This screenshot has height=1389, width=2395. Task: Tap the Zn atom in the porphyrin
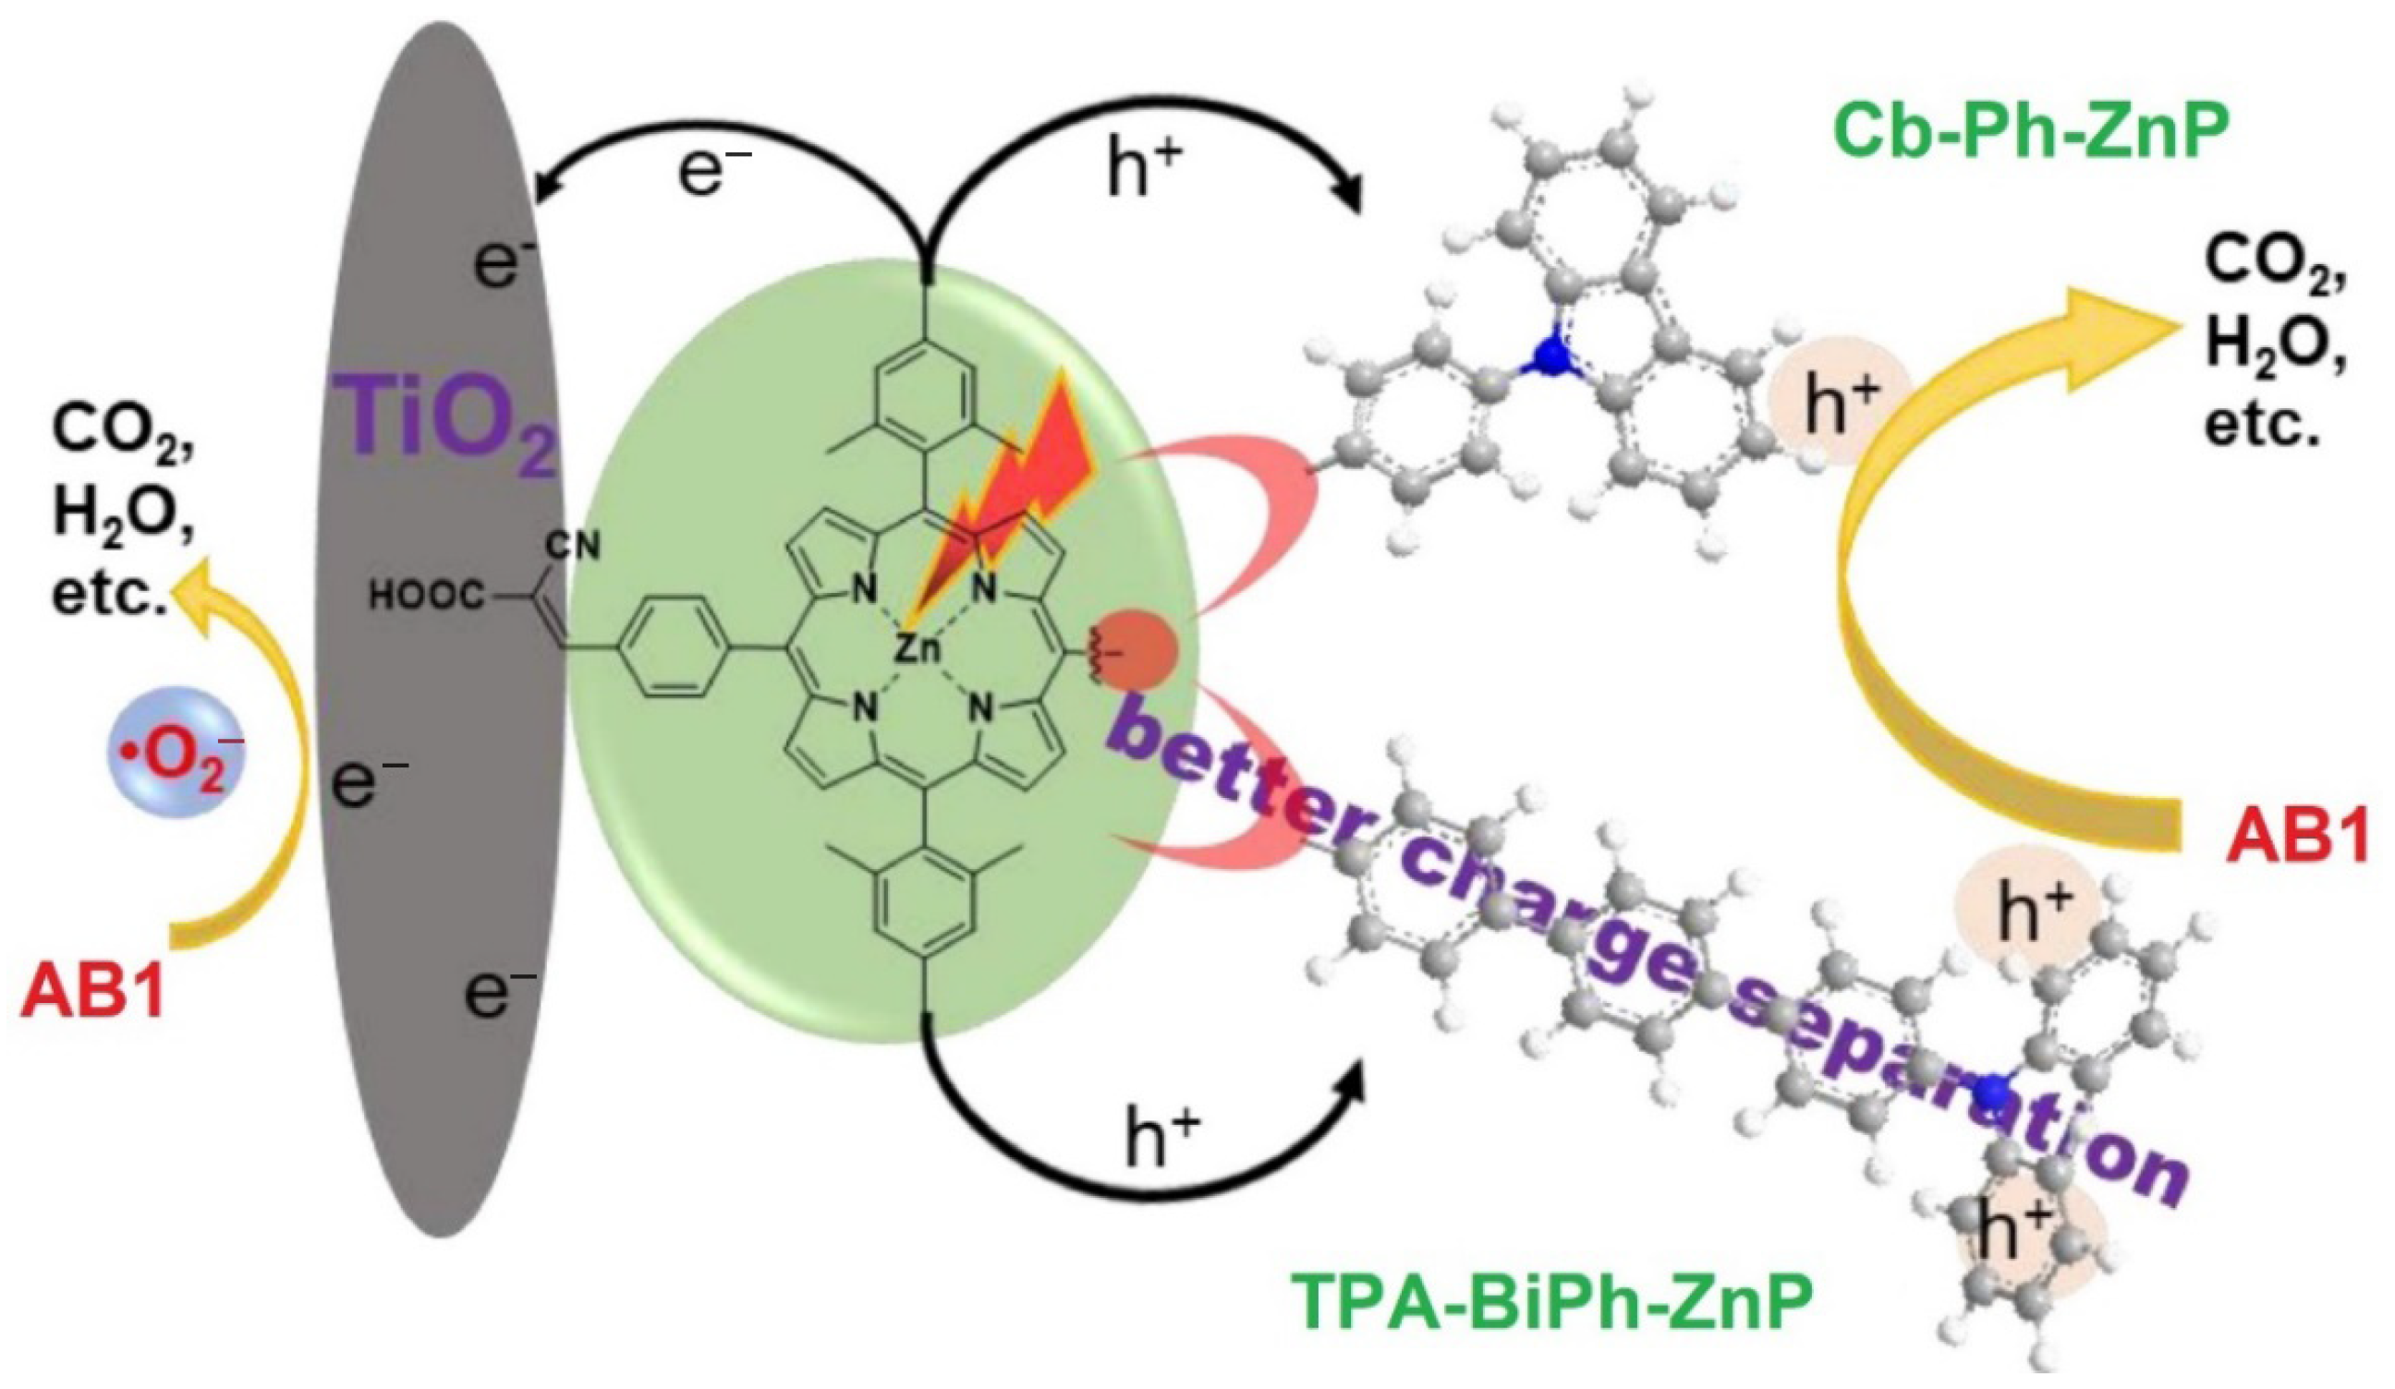(x=918, y=648)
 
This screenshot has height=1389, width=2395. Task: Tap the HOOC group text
(x=429, y=598)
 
